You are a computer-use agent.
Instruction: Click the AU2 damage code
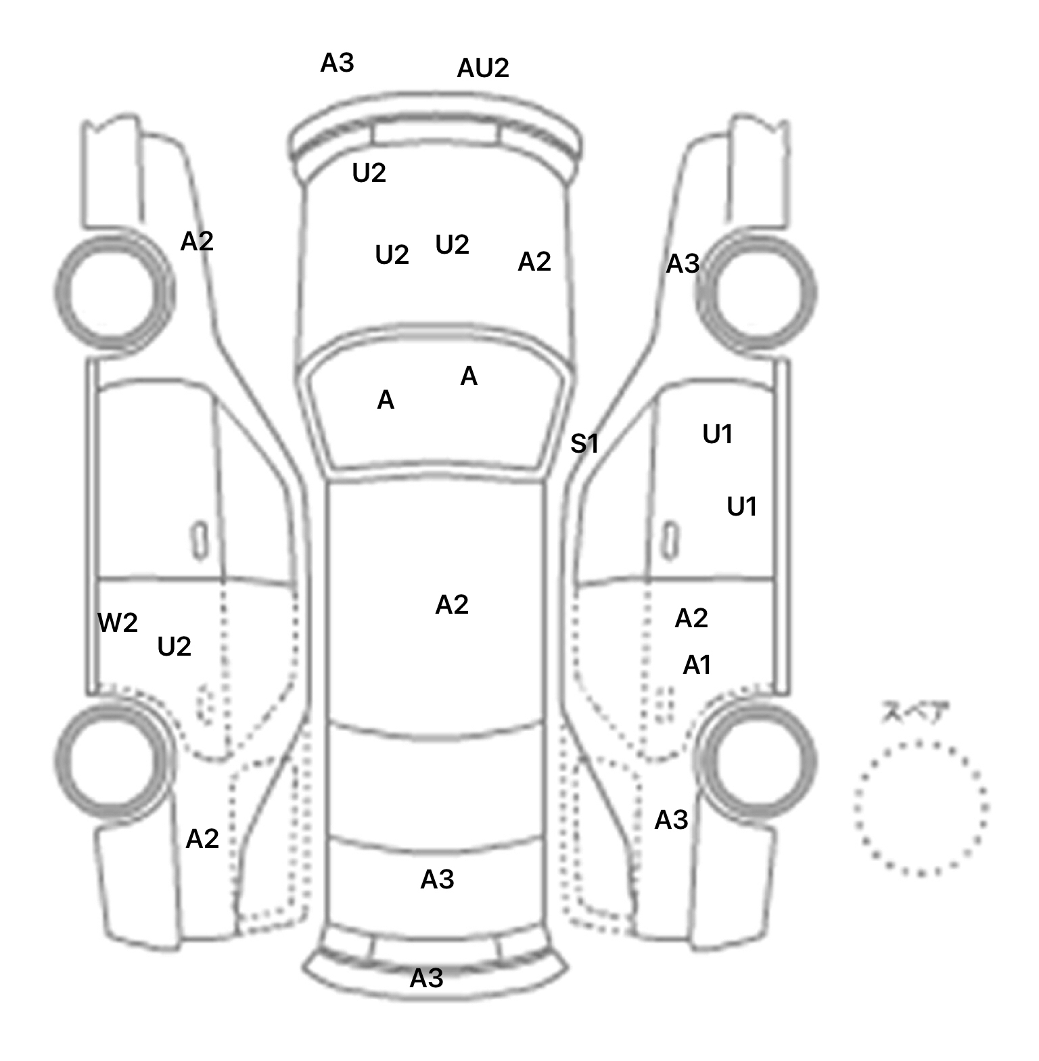pos(482,68)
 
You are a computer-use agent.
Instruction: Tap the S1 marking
pos(584,444)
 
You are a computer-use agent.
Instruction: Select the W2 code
pos(118,623)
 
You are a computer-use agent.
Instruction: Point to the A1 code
pos(697,665)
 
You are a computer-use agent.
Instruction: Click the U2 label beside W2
pos(174,647)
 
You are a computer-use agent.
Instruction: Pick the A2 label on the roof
pos(451,604)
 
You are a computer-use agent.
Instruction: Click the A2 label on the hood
pos(534,261)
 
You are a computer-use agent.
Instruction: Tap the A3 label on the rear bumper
pos(426,978)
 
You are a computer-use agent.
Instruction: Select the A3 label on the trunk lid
pos(437,879)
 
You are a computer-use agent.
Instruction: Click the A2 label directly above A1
pos(691,618)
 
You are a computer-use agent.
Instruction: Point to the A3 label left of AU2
pos(337,63)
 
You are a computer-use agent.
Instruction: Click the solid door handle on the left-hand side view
pos(200,540)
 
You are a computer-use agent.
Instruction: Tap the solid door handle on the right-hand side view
pos(670,540)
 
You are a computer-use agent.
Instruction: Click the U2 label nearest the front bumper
pos(369,173)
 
